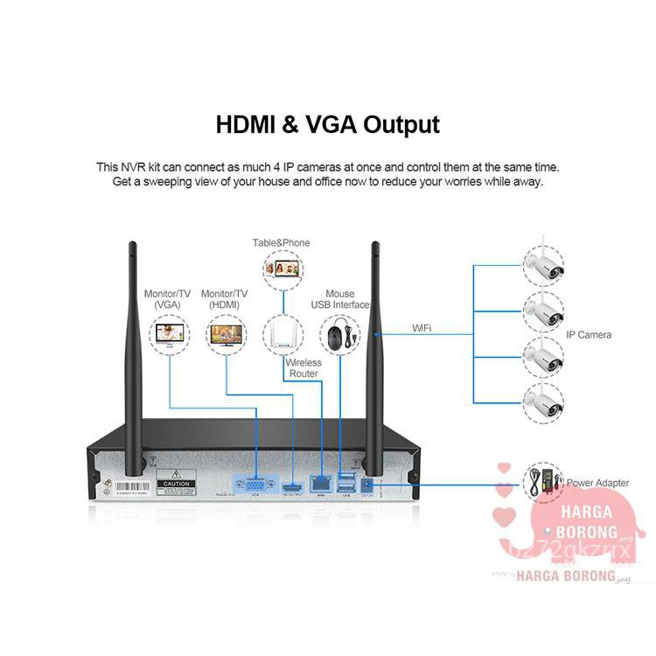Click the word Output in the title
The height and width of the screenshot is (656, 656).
tap(396, 124)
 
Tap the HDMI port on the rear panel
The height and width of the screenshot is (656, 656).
tap(291, 485)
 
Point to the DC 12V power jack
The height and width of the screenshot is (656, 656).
tap(367, 483)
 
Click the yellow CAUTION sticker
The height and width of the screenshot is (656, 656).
tap(178, 483)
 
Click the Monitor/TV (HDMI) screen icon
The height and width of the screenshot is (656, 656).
tap(225, 334)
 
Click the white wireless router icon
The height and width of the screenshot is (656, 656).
tap(282, 333)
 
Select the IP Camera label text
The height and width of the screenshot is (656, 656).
tap(589, 334)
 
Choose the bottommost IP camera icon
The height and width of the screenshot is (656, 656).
tap(542, 401)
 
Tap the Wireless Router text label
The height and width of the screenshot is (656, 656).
tap(304, 367)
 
